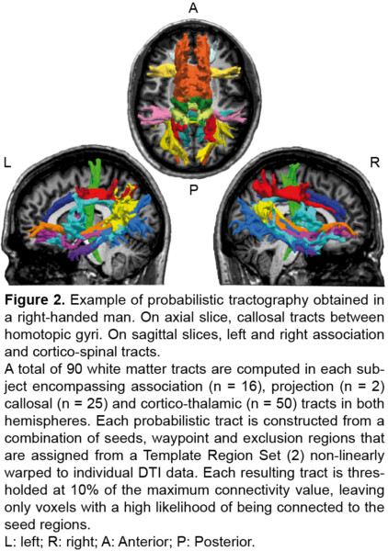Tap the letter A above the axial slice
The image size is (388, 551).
(193, 7)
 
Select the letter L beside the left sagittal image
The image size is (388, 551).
(7, 163)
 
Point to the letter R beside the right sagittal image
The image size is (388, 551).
(375, 163)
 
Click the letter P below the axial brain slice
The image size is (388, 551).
(193, 190)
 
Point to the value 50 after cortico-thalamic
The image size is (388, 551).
(284, 404)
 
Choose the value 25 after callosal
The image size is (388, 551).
(94, 404)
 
